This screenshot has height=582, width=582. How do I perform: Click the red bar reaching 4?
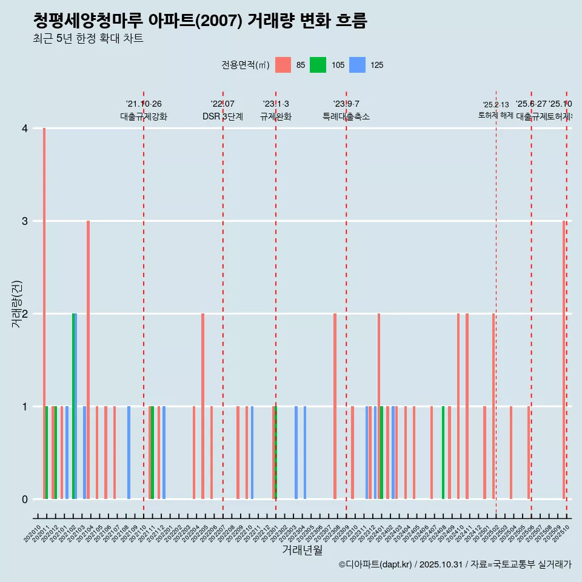coord(44,313)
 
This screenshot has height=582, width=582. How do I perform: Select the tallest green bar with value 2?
coord(73,406)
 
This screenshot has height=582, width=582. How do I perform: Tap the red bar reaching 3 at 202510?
coord(564,360)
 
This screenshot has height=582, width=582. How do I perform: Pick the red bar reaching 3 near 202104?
coord(88,360)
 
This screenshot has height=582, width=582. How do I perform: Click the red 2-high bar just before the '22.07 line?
coord(202,406)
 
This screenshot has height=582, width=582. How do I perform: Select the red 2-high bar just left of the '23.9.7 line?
coord(335,406)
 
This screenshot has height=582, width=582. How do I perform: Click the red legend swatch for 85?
coord(283,65)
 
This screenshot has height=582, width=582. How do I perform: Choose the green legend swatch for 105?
coord(318,65)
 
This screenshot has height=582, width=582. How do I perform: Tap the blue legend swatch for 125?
coord(358,65)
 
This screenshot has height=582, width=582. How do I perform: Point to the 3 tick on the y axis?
coord(25,221)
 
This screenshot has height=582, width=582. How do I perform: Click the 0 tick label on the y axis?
coord(25,500)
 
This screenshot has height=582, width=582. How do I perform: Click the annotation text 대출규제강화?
coord(143,117)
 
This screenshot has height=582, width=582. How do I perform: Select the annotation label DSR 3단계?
coord(222,117)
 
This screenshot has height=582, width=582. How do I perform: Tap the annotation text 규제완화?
coord(275,117)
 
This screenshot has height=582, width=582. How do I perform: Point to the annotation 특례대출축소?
coord(346,117)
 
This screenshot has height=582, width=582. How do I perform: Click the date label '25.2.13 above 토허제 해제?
coord(495,105)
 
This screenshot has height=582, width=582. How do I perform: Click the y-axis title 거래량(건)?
coord(17,303)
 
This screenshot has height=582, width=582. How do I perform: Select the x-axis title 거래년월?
coord(302,550)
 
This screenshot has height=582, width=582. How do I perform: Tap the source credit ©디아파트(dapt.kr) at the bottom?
coord(376,564)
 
